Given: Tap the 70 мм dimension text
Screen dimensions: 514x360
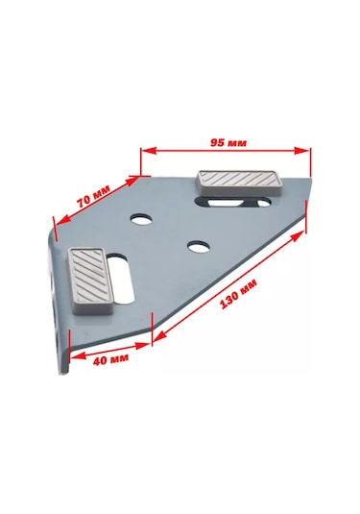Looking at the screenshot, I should point(93,197).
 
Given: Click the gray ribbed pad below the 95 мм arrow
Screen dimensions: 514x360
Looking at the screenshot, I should point(237,182).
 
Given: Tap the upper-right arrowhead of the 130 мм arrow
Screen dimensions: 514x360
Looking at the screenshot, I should point(306,232).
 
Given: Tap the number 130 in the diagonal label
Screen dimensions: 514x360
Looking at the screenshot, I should point(231,291).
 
